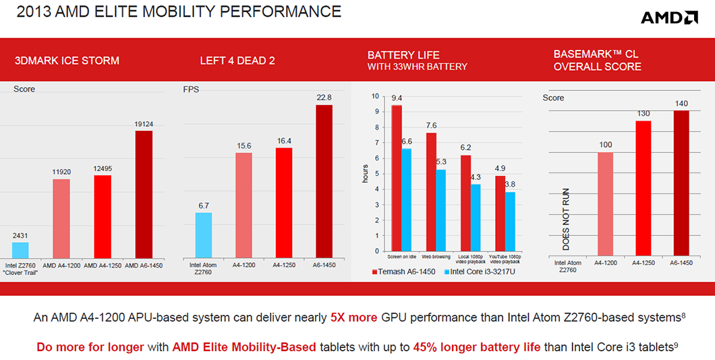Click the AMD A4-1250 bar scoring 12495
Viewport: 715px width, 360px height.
[103, 217]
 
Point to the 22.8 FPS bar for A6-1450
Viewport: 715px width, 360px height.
[324, 181]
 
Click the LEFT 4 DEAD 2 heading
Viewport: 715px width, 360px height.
[237, 61]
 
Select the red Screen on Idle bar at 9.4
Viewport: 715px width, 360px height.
[397, 178]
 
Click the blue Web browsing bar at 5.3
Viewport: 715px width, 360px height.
[441, 210]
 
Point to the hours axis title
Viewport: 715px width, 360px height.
[365, 174]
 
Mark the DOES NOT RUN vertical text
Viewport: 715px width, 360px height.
[565, 220]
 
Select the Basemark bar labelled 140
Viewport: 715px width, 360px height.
[681, 184]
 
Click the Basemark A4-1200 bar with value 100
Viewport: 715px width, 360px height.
[605, 205]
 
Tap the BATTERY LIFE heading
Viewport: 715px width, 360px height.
[403, 55]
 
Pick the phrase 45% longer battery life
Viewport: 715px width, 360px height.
[476, 347]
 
